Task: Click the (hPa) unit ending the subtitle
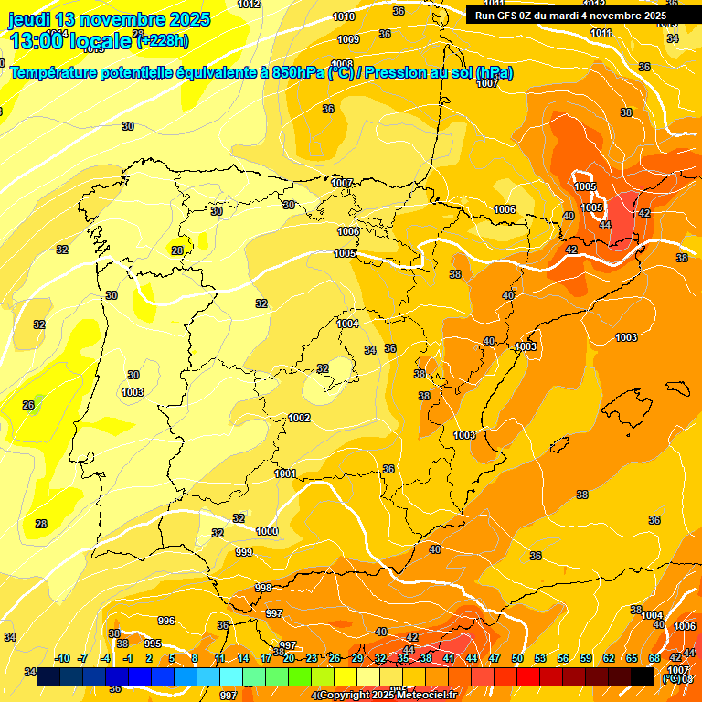494,72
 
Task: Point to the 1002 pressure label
299,418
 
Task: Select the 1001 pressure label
285,473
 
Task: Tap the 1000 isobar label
267,531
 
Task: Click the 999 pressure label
244,552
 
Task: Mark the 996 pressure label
165,621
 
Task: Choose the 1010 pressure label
344,16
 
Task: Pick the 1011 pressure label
601,33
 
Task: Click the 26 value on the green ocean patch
28,405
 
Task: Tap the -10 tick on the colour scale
63,658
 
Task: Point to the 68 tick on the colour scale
654,658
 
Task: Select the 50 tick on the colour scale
517,658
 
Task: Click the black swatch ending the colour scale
643,676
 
